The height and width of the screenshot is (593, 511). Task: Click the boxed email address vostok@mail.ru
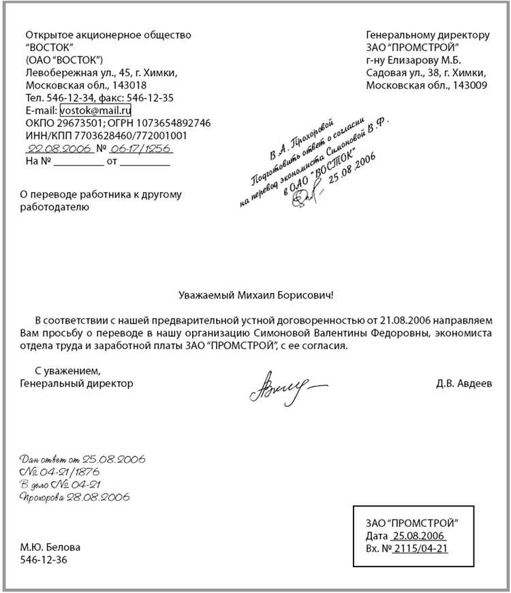coord(95,110)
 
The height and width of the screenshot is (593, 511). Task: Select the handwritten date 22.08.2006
coord(58,148)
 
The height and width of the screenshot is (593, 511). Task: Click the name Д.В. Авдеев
coord(463,384)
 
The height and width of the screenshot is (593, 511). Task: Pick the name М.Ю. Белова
coord(50,547)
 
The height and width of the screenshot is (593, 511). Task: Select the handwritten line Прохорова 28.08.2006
coord(75,497)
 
